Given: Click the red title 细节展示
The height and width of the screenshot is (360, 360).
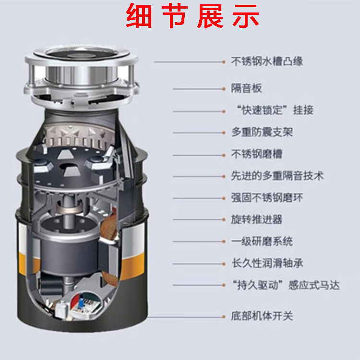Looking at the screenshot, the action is point(192,16).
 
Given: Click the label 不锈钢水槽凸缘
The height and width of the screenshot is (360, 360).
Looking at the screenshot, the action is point(267,61).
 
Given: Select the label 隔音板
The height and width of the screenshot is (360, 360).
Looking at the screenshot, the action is point(246,88).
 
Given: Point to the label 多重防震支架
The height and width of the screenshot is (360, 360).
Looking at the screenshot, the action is point(262,132).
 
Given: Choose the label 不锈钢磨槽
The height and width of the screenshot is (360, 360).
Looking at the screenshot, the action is point(256,154).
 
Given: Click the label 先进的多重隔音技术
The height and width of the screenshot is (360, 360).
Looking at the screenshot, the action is point(277,176).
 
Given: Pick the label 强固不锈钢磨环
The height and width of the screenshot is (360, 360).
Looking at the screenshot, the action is point(267,198).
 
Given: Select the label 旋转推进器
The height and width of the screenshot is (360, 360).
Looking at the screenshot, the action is point(256,219).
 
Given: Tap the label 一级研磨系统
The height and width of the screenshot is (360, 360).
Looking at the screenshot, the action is point(262,241).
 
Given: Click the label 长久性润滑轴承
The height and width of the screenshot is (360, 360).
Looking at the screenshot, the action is point(267,263).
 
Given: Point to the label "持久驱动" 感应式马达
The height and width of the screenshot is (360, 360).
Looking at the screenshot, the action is point(286,285).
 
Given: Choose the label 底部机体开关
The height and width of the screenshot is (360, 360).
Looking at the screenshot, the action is point(262,316).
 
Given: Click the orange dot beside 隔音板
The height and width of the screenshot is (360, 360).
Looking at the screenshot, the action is point(224,89).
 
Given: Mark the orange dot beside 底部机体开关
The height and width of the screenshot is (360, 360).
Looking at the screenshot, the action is point(224,317).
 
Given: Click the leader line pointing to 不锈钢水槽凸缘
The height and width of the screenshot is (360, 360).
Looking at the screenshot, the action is point(188,62).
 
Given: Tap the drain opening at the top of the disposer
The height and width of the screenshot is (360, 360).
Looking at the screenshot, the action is point(81,54).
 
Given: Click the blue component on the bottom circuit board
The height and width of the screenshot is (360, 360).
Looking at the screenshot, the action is point(81,303).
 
